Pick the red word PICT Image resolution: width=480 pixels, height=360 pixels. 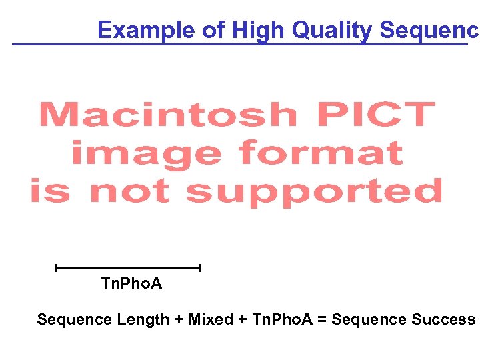click(378, 115)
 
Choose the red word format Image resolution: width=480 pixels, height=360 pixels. click(321, 153)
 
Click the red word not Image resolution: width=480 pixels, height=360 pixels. click(129, 192)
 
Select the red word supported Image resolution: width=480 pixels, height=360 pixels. click(313, 192)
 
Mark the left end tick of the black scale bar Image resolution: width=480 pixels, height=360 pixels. click(57, 268)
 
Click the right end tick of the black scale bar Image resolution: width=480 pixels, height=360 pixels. click(199, 268)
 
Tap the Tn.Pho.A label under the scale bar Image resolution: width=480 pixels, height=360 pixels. click(131, 284)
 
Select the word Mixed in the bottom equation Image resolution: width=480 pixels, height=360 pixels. click(210, 320)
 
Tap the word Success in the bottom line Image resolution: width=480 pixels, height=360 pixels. click(443, 320)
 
